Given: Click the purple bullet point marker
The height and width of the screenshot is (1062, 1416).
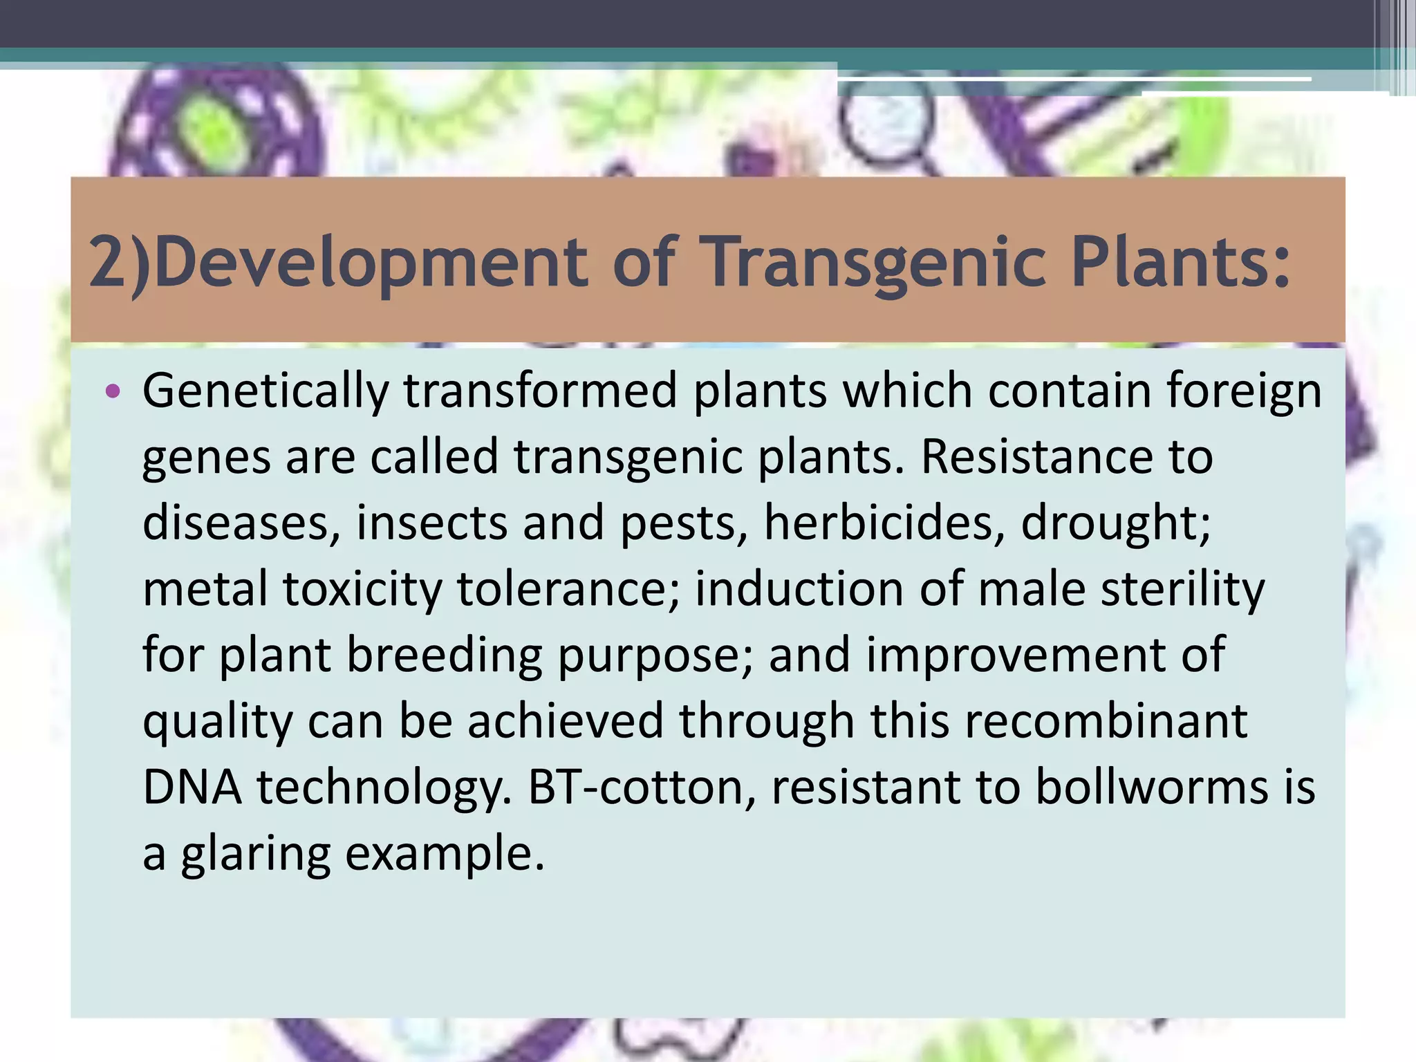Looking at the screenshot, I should (x=113, y=392).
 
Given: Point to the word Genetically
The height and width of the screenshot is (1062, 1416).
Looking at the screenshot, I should (x=265, y=392).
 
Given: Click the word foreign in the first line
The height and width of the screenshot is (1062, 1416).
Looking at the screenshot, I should (x=1244, y=392).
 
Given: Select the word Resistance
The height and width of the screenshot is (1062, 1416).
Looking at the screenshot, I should (x=1036, y=457).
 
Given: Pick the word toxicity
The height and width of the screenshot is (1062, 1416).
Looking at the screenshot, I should (x=362, y=589).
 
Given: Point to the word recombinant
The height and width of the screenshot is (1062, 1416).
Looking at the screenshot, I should (x=1106, y=721).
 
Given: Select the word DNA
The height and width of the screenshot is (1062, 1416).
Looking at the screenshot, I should (x=192, y=788).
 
